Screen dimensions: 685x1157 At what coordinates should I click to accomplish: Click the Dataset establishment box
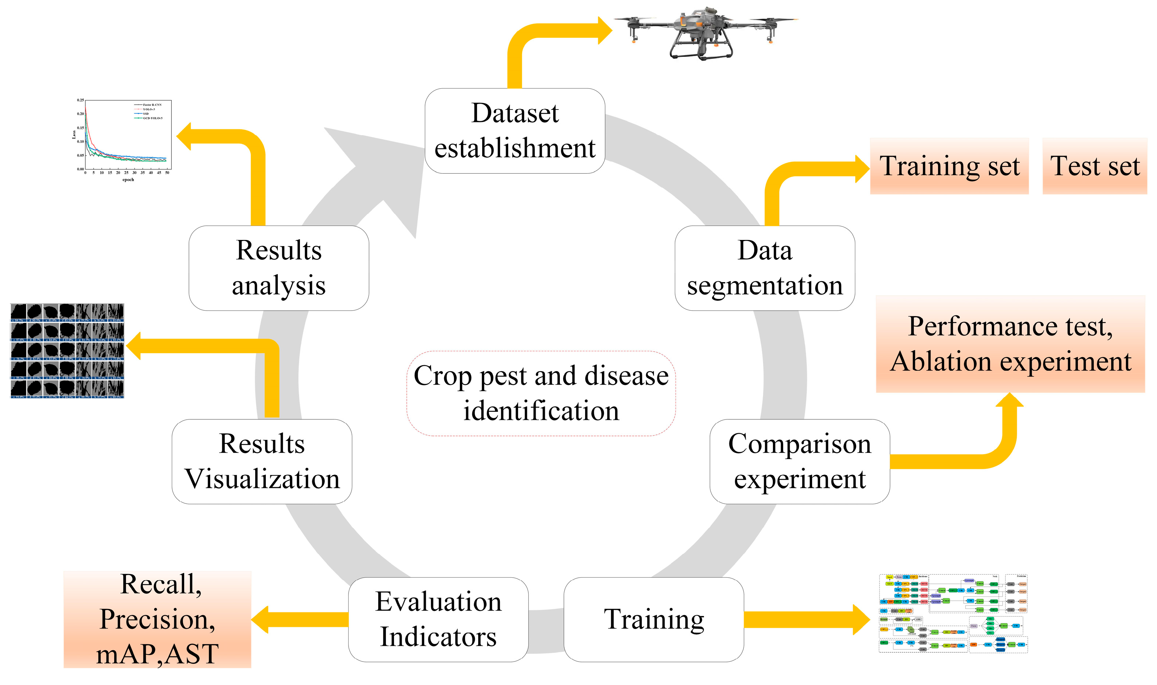click(514, 131)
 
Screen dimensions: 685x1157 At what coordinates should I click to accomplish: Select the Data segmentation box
click(764, 268)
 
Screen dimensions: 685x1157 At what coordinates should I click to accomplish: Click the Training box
click(653, 619)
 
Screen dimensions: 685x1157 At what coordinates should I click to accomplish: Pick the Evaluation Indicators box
click(438, 619)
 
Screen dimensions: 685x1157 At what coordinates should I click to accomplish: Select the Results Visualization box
click(261, 462)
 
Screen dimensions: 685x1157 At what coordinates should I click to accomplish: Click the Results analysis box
click(278, 268)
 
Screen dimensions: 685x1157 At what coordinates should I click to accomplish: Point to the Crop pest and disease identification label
click(541, 393)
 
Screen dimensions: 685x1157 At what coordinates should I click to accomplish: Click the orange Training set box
click(949, 166)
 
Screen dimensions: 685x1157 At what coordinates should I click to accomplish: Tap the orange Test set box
click(1094, 166)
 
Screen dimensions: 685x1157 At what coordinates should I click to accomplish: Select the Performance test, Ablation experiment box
click(1010, 344)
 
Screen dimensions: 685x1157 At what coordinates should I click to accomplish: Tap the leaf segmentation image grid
click(67, 351)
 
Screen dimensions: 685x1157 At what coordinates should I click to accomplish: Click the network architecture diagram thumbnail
click(953, 614)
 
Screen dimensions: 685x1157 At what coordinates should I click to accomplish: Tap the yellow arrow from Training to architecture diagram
click(807, 619)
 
